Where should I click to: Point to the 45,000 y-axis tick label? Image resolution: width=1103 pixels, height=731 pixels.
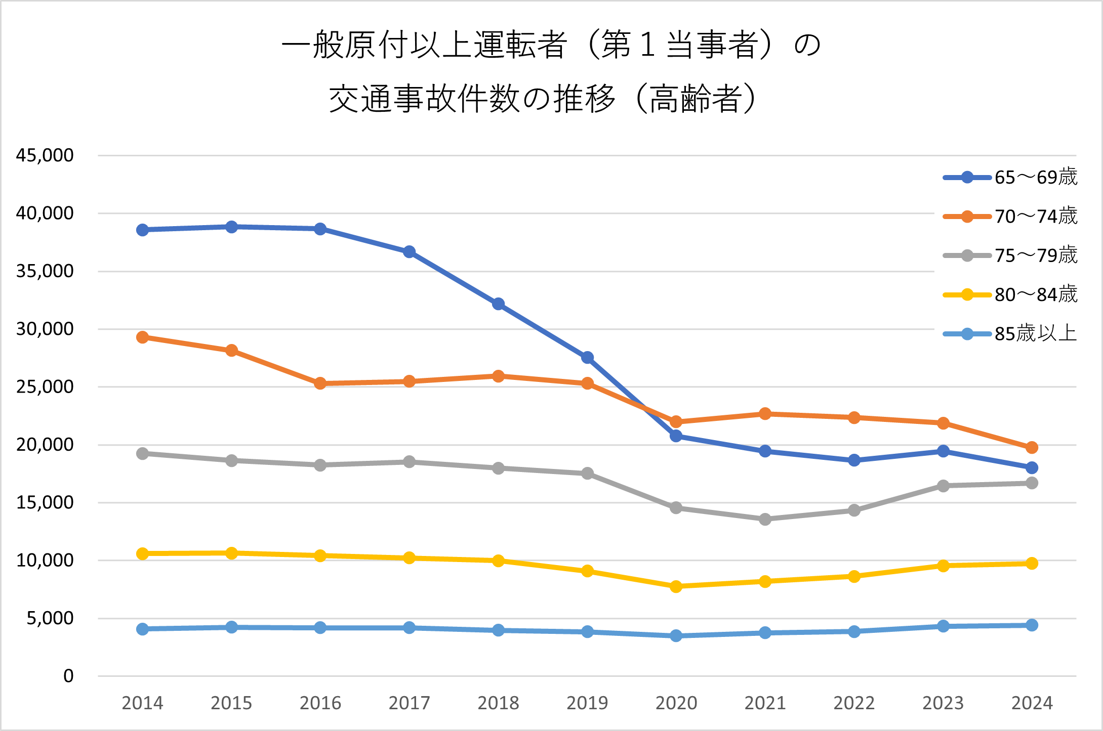(x=45, y=155)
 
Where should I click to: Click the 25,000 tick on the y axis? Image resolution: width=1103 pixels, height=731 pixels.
(x=45, y=387)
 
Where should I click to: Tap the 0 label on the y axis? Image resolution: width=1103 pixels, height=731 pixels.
(x=68, y=676)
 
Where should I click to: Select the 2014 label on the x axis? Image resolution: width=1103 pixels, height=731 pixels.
(x=142, y=703)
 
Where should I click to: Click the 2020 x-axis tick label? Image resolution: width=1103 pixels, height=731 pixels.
(x=676, y=703)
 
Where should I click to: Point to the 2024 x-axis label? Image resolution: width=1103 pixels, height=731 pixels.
(x=1032, y=703)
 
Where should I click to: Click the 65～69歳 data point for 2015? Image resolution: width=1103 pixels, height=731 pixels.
(x=231, y=227)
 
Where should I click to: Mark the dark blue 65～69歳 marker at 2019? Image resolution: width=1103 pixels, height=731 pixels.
(x=587, y=358)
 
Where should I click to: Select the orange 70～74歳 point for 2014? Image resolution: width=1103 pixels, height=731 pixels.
(x=142, y=337)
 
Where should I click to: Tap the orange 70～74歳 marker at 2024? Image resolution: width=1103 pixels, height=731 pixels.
(x=1032, y=448)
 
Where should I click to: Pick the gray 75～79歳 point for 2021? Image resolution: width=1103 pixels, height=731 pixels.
(x=765, y=519)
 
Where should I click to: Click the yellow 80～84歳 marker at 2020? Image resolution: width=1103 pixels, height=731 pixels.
(x=676, y=586)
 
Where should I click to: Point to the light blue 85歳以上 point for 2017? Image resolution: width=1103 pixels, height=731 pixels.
(x=410, y=628)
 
